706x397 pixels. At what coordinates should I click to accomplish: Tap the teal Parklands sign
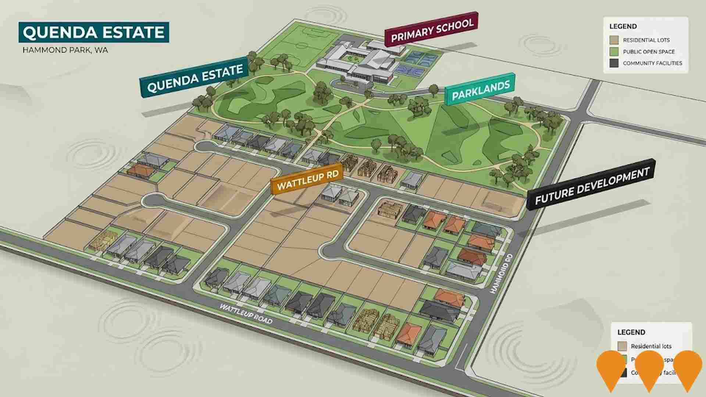480,90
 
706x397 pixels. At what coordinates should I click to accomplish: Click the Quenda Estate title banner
94,32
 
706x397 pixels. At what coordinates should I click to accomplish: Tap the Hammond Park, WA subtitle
65,50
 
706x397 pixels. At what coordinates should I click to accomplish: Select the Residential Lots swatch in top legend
614,40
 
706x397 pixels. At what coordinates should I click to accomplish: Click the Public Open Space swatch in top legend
614,52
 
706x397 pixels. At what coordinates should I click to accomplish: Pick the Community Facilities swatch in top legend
614,63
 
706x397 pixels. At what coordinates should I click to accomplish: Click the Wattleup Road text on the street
246,314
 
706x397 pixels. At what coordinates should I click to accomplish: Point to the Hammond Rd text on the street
500,273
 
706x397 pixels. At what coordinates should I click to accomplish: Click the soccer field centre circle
302,46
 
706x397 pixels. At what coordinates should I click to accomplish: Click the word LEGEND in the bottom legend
631,332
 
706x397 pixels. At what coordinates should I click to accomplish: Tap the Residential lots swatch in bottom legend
622,346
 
